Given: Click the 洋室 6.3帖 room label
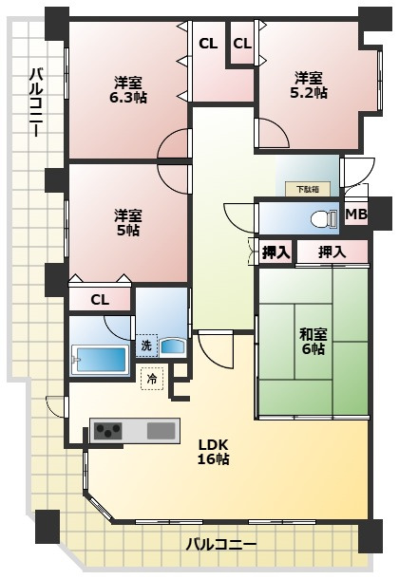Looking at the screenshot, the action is click(128, 89).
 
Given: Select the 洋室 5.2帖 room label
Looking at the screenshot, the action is click(309, 84).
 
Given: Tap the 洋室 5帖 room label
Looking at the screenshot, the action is click(128, 223).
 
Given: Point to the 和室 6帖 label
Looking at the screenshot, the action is click(313, 342).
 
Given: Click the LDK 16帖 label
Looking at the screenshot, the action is click(214, 451).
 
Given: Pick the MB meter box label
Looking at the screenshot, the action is click(356, 215).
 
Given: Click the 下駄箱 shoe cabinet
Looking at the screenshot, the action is click(308, 190).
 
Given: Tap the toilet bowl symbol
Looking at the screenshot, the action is click(324, 219).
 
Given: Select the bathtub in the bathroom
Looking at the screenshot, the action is click(100, 360).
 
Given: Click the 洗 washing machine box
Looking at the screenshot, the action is click(146, 346).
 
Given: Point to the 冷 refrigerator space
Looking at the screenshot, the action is click(152, 379).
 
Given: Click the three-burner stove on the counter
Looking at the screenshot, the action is click(108, 431).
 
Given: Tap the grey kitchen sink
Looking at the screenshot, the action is click(161, 431).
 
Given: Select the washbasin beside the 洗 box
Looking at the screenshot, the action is click(172, 347).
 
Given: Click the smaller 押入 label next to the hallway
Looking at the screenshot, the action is click(275, 252).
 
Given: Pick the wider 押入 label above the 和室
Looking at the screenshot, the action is click(332, 252).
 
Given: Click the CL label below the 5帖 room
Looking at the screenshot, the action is click(100, 300).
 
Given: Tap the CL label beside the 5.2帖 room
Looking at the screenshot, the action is click(242, 44).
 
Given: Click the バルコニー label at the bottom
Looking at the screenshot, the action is click(221, 544).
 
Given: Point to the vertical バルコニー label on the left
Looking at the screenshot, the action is click(36, 102).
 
